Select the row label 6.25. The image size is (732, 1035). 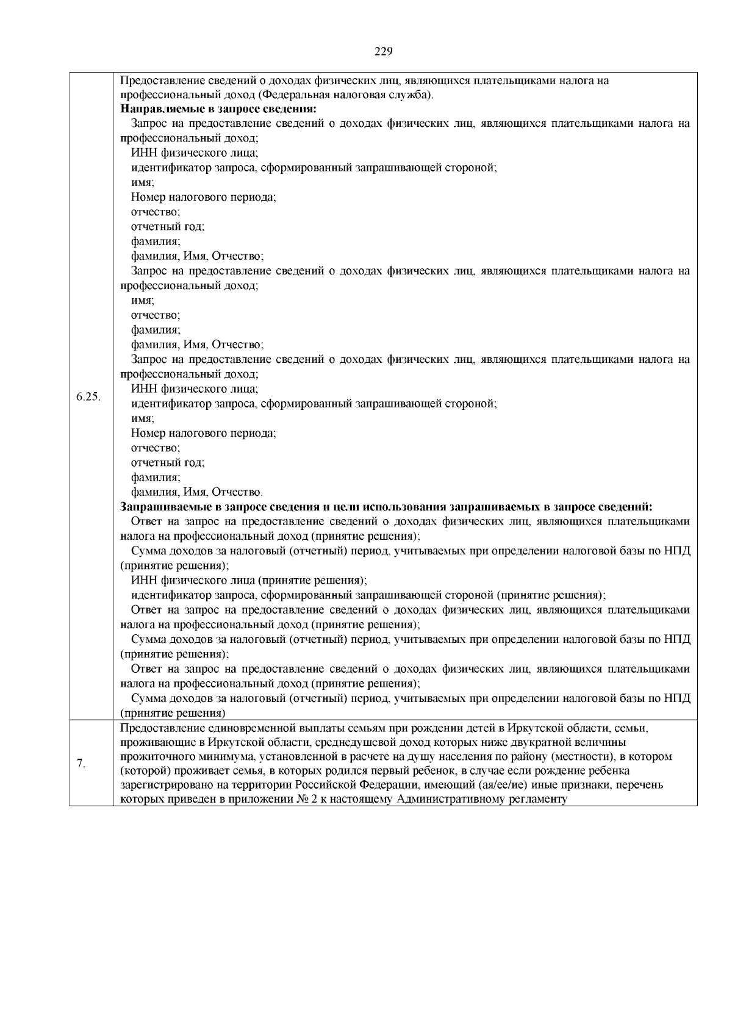coord(88,397)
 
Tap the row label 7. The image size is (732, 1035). coord(81,764)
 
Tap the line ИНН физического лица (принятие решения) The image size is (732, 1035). coord(249,581)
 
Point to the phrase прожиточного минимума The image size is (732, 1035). coord(175,757)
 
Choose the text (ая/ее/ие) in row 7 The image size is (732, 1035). coord(493,785)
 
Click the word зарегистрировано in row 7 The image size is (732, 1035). coord(161,785)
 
